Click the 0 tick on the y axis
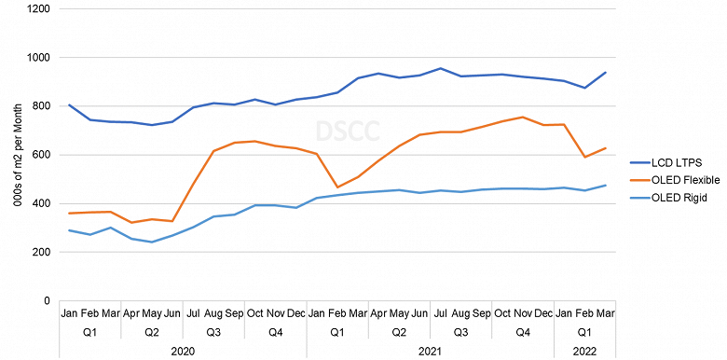[47, 300]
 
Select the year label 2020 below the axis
[183, 351]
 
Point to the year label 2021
[430, 351]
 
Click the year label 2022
[584, 351]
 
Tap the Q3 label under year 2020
[213, 332]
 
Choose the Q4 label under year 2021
[523, 332]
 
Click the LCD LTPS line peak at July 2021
[440, 68]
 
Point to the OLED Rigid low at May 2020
[152, 242]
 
